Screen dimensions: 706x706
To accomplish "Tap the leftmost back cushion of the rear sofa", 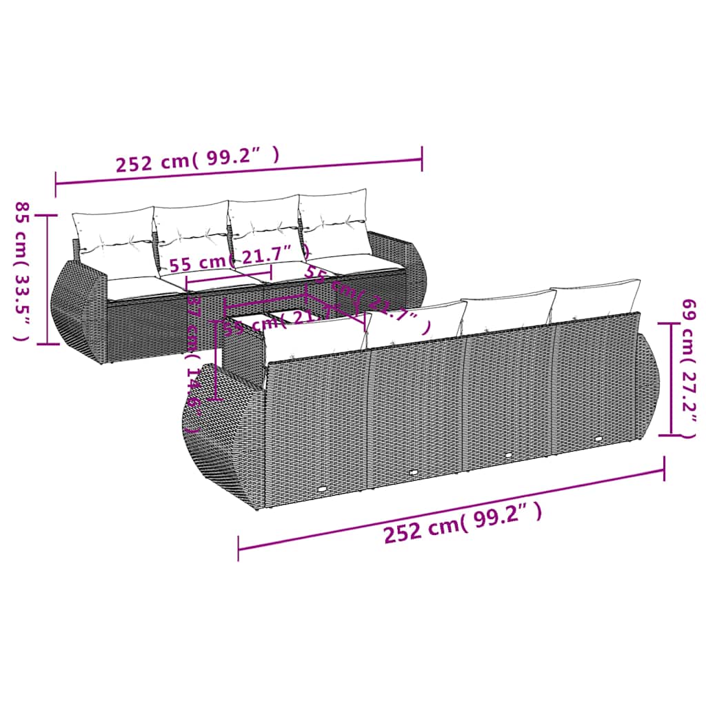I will click(112, 234).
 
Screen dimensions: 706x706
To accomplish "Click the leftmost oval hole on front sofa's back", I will click(323, 490).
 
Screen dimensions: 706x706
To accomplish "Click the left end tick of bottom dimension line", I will click(239, 549).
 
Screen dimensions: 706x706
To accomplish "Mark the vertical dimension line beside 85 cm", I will click(47, 279).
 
